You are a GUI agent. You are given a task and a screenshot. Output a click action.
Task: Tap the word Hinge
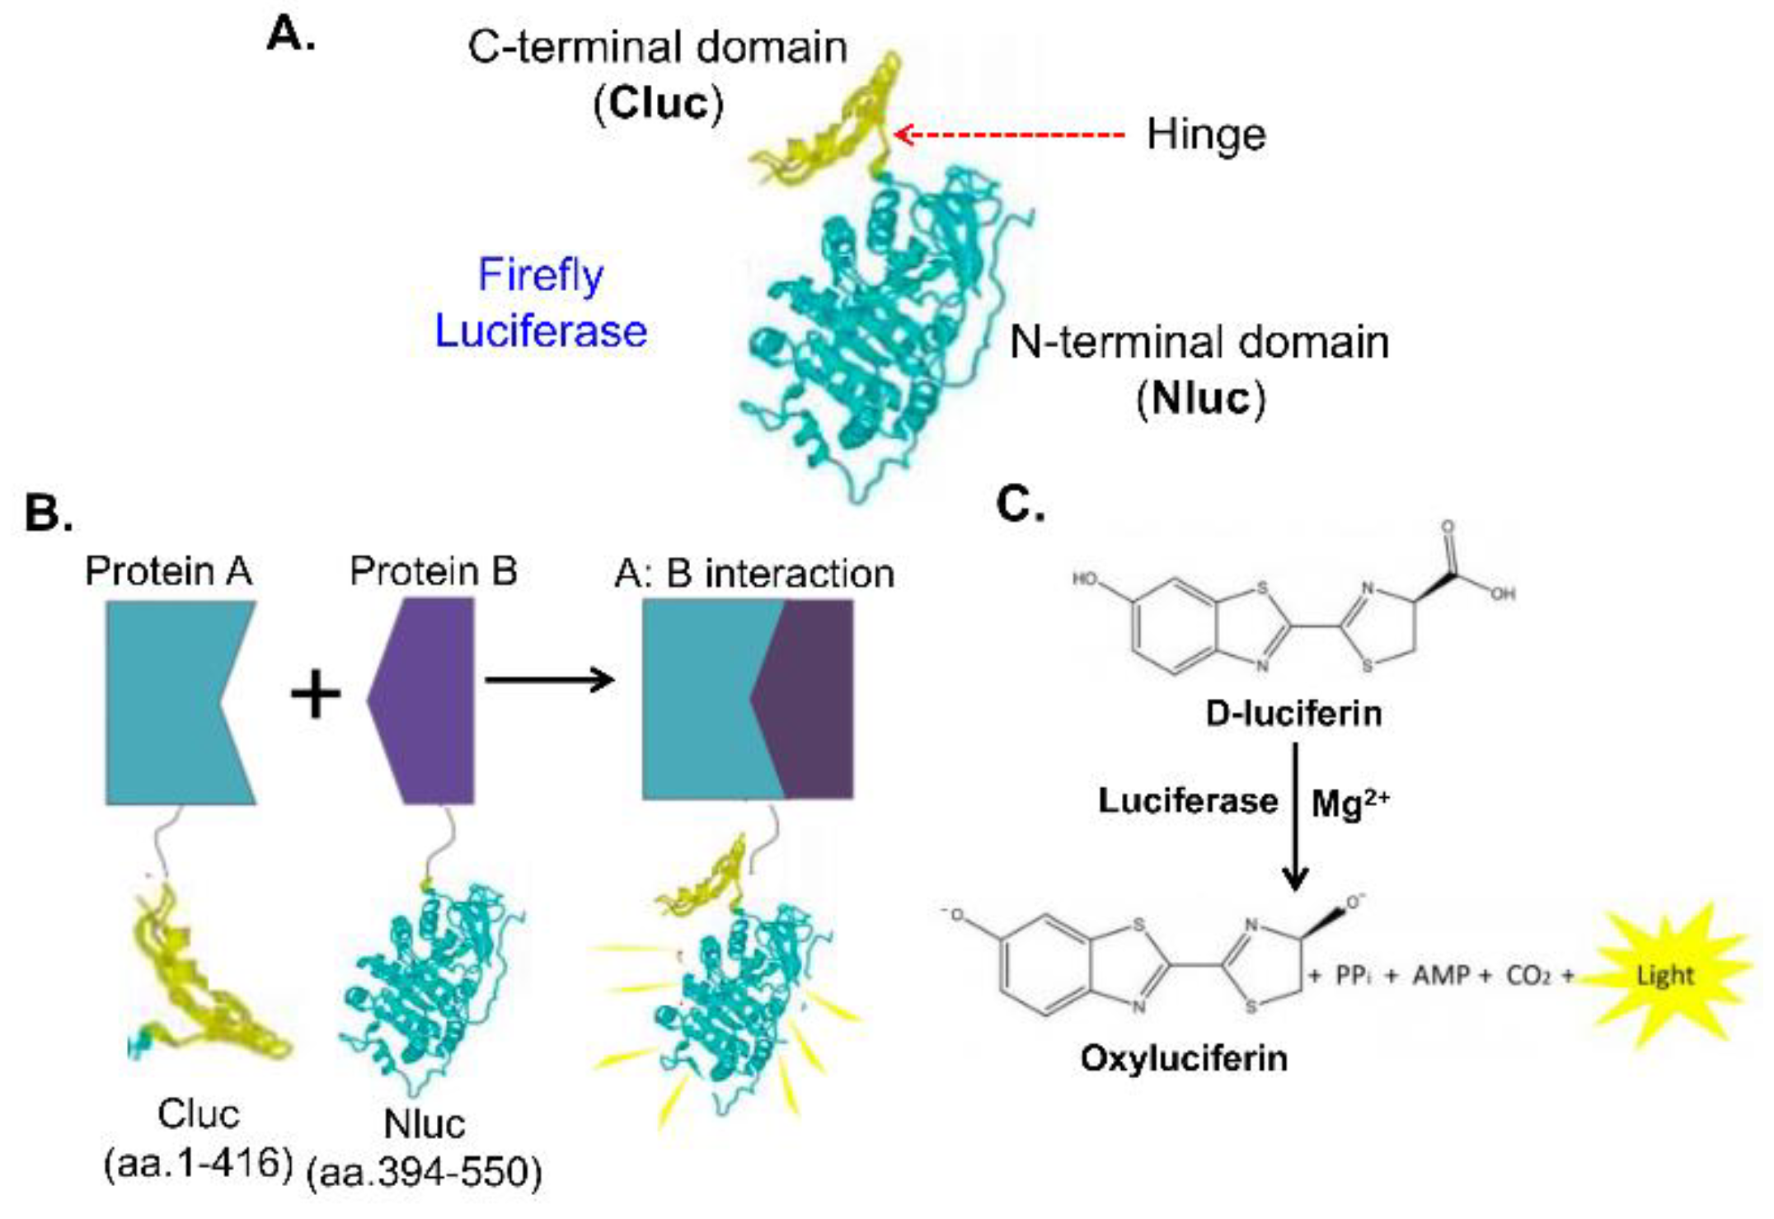click(1205, 135)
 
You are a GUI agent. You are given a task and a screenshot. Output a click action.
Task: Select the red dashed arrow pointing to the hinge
click(1010, 134)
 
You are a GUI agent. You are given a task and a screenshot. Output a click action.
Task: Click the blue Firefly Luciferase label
click(541, 303)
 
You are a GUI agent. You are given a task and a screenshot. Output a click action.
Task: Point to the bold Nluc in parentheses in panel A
click(1200, 399)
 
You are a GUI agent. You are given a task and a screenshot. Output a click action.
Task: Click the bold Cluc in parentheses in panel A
click(658, 104)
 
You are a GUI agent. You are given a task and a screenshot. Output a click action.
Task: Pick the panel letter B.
click(48, 512)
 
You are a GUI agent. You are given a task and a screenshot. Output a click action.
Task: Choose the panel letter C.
click(1020, 504)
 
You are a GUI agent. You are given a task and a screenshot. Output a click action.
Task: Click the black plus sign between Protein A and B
click(316, 695)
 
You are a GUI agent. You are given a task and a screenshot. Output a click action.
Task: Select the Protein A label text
click(168, 571)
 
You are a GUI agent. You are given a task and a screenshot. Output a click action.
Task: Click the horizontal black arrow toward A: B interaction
click(549, 680)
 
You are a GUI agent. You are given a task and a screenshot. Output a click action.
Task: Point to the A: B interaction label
click(754, 574)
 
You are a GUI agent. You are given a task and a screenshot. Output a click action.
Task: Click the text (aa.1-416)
click(198, 1163)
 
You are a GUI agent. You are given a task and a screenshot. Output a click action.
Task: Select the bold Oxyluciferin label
click(1184, 1058)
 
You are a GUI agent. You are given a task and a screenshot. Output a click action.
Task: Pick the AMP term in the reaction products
click(1442, 976)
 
